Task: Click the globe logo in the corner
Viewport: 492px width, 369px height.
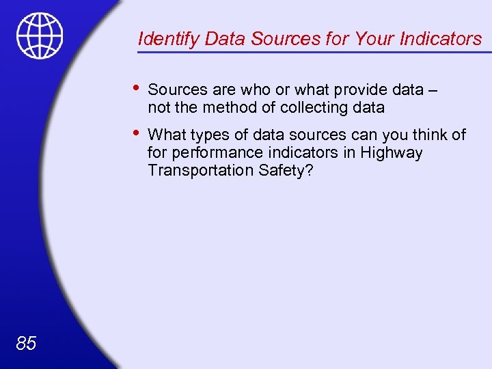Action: tap(40, 36)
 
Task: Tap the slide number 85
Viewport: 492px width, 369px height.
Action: tap(26, 343)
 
